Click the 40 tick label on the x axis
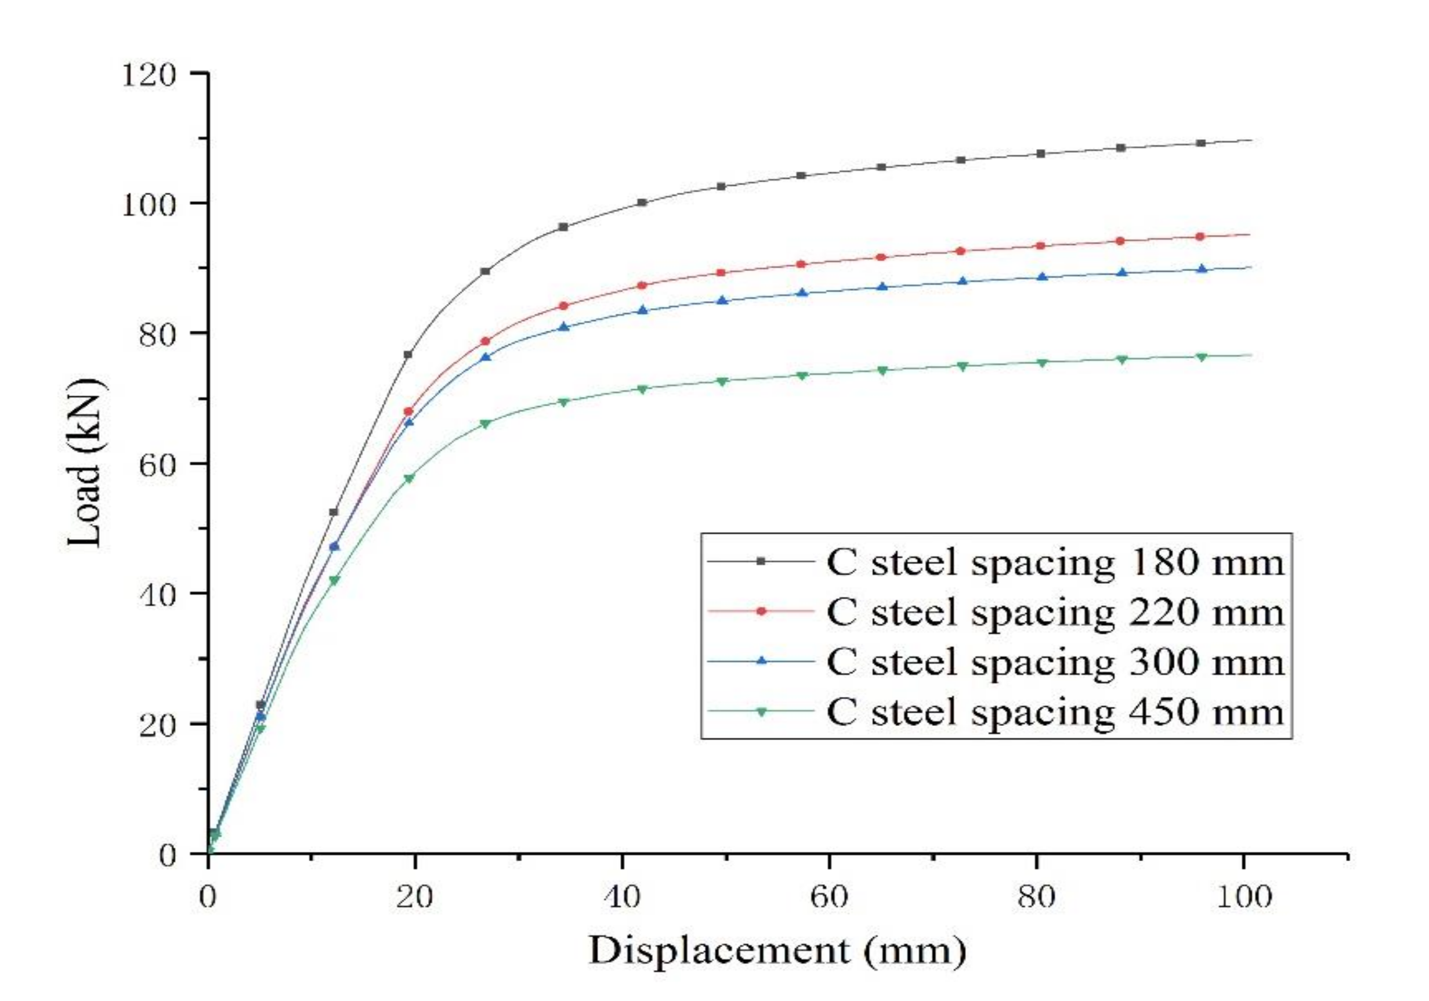(x=623, y=898)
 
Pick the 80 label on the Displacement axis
(x=1037, y=898)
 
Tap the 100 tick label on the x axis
(x=1244, y=898)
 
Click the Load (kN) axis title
(x=86, y=464)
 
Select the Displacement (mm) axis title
(x=777, y=952)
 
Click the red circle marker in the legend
(x=761, y=611)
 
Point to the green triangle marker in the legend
(x=761, y=711)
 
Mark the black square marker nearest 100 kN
(x=642, y=203)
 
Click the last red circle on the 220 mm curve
(x=1200, y=237)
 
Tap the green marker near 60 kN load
(x=409, y=479)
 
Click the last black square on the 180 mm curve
(x=1201, y=143)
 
